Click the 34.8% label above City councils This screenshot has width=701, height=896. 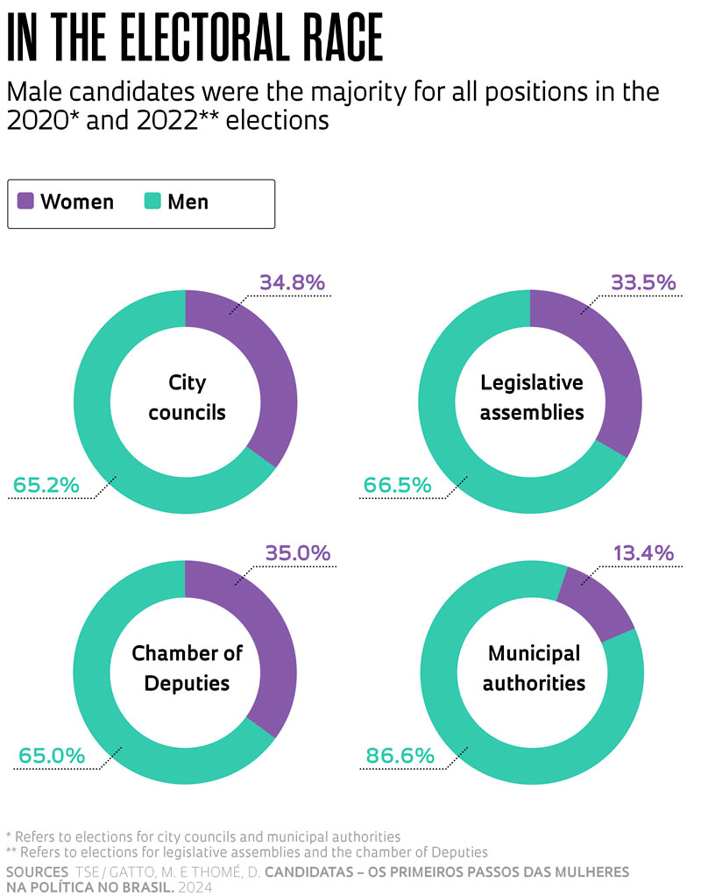point(292,282)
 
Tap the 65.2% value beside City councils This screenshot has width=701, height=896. point(46,484)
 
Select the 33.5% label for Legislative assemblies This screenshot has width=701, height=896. point(642,282)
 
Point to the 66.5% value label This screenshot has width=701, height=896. point(397,484)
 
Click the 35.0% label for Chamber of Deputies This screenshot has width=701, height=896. point(296,553)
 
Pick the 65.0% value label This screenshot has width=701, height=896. point(52,755)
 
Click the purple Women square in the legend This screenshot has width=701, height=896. point(25,201)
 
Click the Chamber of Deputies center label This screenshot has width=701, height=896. point(187,667)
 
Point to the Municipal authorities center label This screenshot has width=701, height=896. point(533,667)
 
